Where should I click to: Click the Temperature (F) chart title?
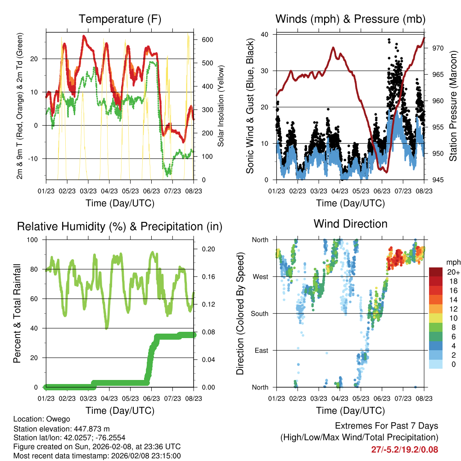pos(120,19)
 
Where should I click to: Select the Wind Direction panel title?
pos(350,224)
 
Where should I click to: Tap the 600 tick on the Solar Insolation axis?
pos(207,40)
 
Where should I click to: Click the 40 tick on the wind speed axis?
pos(265,34)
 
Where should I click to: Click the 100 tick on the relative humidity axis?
pos(34,240)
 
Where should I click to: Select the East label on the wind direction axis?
pos(260,350)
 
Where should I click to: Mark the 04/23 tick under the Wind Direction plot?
pos(340,399)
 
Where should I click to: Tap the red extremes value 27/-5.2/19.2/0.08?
pos(404,449)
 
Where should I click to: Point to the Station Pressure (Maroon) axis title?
pos(453,106)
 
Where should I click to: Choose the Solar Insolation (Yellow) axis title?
pos(221,106)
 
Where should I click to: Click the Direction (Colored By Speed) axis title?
pos(240,314)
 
